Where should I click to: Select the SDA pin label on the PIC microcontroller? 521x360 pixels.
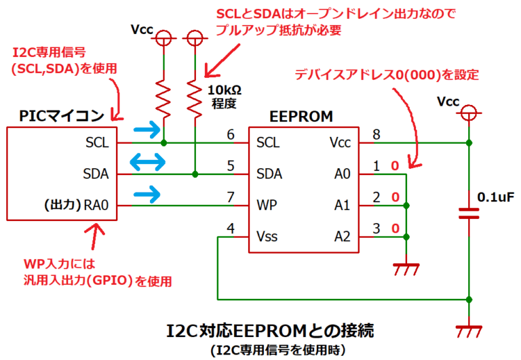[x=96, y=174]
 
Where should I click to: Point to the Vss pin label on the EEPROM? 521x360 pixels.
[x=267, y=237]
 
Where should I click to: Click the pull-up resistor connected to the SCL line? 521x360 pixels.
[x=163, y=96]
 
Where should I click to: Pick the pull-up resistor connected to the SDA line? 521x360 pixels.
[x=195, y=96]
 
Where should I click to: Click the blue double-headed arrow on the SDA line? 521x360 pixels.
[x=148, y=162]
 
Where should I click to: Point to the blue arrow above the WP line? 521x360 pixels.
[x=148, y=194]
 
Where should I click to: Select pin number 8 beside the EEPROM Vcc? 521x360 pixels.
[x=375, y=134]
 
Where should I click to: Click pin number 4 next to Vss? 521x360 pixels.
[x=233, y=228]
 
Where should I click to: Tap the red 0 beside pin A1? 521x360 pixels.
[x=393, y=197]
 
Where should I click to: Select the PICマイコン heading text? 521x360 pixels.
[x=62, y=116]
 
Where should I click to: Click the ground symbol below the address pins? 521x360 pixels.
[x=405, y=269]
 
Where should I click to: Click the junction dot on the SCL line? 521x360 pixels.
[x=163, y=143]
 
